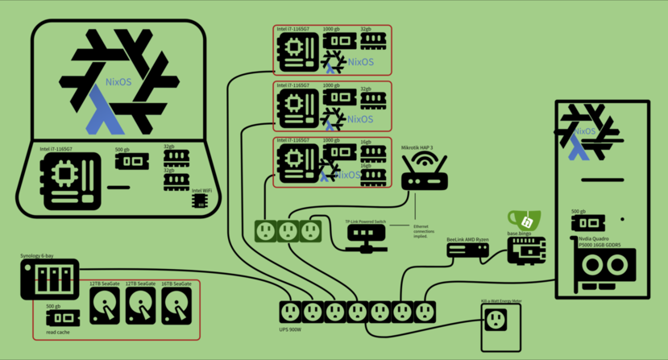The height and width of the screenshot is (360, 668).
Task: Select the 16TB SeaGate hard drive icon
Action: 176,306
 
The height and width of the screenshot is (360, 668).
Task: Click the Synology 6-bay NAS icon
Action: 50,279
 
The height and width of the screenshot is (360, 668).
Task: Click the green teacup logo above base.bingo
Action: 525,220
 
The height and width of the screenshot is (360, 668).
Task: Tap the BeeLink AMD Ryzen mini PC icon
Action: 468,250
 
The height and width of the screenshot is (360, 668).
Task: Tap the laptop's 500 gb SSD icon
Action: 132,161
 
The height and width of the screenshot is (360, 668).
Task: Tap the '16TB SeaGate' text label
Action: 176,284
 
